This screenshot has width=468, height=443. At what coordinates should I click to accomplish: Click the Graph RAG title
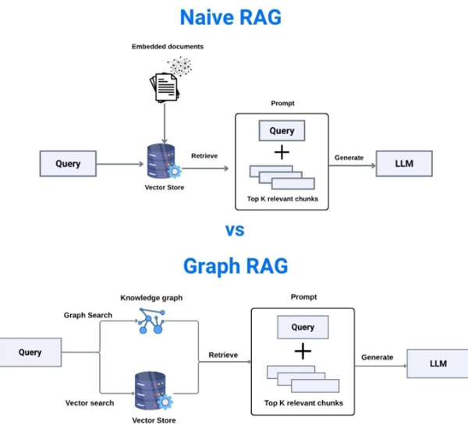tap(235, 266)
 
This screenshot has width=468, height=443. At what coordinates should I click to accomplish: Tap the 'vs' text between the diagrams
tap(235, 229)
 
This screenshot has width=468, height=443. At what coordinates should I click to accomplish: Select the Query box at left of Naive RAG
tap(68, 164)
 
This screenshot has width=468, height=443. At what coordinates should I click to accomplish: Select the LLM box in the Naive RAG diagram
tap(403, 164)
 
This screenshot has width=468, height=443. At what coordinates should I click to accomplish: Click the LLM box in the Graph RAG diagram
tap(438, 363)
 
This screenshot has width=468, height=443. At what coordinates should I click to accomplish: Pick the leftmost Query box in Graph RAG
tap(30, 353)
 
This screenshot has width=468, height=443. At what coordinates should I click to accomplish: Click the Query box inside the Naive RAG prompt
tap(282, 131)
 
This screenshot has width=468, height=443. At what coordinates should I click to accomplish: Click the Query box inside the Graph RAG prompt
tap(303, 328)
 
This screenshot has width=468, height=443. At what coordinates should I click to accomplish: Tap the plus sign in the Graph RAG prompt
tap(303, 351)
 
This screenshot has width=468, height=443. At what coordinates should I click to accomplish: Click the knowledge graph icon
tap(151, 321)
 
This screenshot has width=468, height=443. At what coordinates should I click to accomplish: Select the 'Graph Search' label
tap(87, 315)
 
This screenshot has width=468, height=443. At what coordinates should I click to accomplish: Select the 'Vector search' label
tap(90, 403)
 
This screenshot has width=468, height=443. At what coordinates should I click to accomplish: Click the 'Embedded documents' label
tap(167, 47)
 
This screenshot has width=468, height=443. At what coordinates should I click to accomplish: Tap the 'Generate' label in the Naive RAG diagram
tap(349, 158)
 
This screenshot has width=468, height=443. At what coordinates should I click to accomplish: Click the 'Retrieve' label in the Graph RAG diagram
tap(223, 356)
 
